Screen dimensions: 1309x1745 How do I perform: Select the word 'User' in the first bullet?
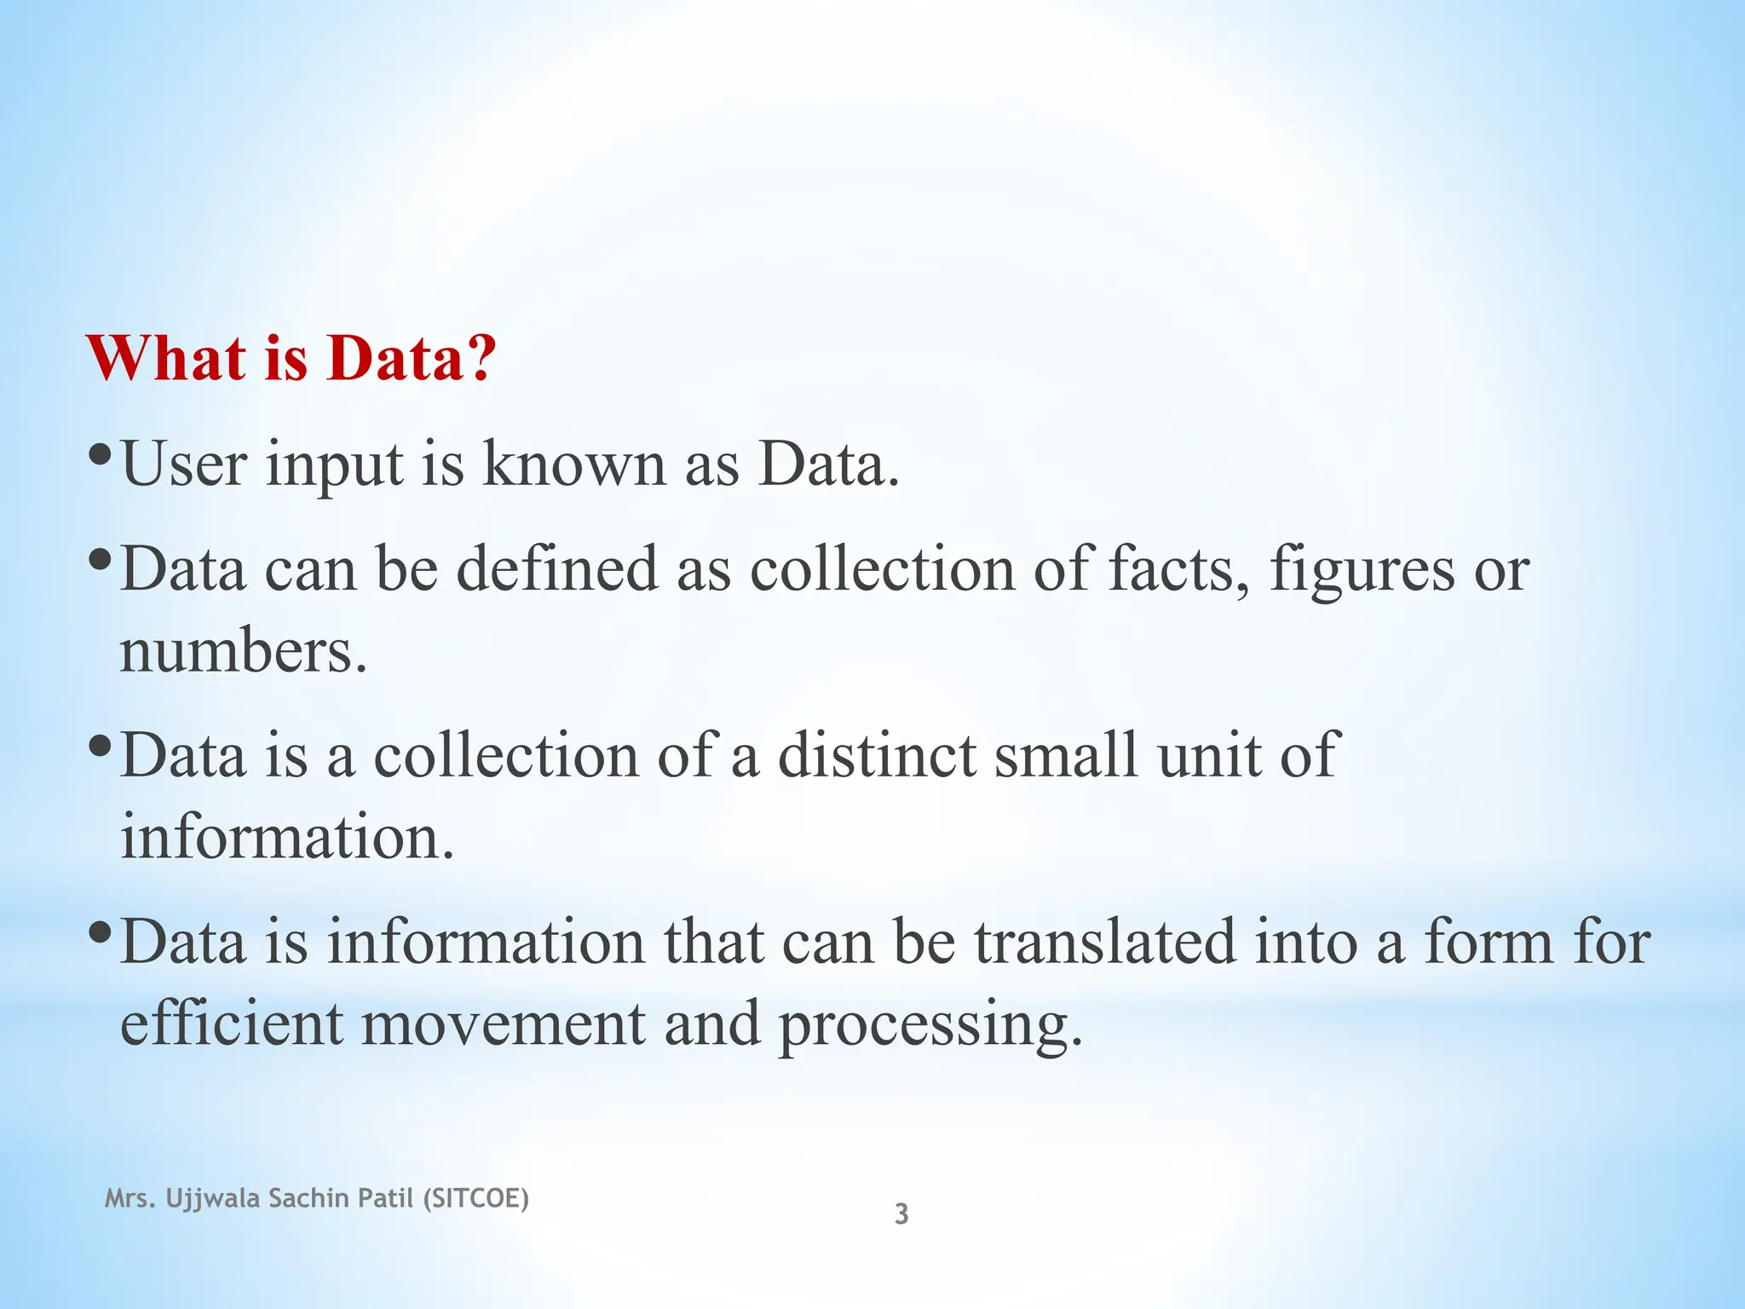point(184,464)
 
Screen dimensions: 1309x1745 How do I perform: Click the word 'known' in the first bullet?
point(573,464)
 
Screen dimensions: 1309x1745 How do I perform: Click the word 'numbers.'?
point(244,652)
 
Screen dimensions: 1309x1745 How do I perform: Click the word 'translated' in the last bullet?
point(1103,942)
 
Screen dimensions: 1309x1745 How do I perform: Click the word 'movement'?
point(503,1024)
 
